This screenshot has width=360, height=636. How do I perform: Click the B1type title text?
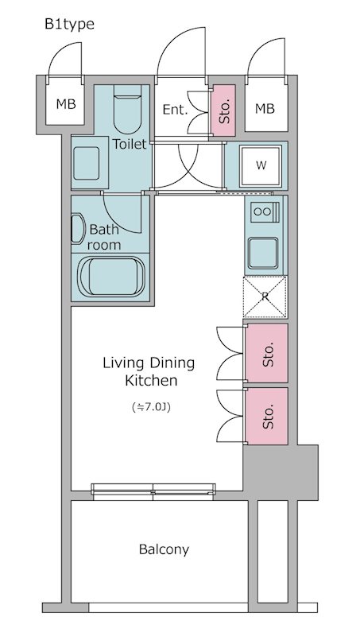69,25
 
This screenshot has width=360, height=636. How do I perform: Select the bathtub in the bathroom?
111,276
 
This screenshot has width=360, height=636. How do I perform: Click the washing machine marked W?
261,166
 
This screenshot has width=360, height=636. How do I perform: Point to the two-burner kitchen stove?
265,211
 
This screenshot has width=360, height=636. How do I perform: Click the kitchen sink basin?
263,253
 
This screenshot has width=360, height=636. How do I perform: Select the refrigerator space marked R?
265,297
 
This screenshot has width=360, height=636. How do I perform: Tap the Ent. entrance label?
175,110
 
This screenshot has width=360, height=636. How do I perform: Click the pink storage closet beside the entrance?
223,111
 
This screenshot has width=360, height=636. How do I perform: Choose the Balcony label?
164,549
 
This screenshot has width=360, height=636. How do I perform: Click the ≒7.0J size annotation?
151,407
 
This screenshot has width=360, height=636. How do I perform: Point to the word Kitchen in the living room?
151,381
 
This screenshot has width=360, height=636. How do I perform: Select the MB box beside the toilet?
66,104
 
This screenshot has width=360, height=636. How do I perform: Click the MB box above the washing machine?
265,108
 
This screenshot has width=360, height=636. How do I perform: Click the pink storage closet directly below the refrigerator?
267,353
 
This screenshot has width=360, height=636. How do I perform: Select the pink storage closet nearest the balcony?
267,416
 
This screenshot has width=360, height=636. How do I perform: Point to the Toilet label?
130,144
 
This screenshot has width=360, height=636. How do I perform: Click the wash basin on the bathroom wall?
78,229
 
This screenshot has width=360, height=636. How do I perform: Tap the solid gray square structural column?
281,472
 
